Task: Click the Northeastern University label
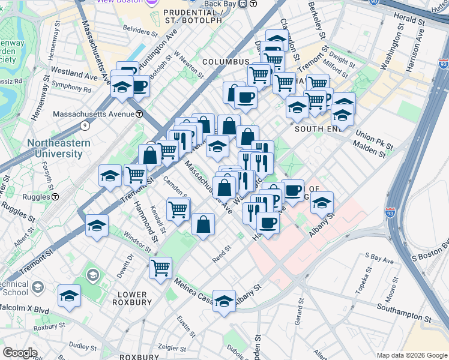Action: pos(58,148)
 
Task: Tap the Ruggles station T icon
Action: pos(55,196)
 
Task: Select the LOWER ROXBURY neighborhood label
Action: pos(132,298)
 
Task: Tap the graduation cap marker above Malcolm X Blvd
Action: pos(70,296)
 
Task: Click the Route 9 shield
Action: pos(85,125)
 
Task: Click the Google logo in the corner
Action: pos(19,353)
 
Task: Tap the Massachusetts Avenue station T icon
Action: pos(139,114)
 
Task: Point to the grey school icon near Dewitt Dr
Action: pos(92,275)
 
